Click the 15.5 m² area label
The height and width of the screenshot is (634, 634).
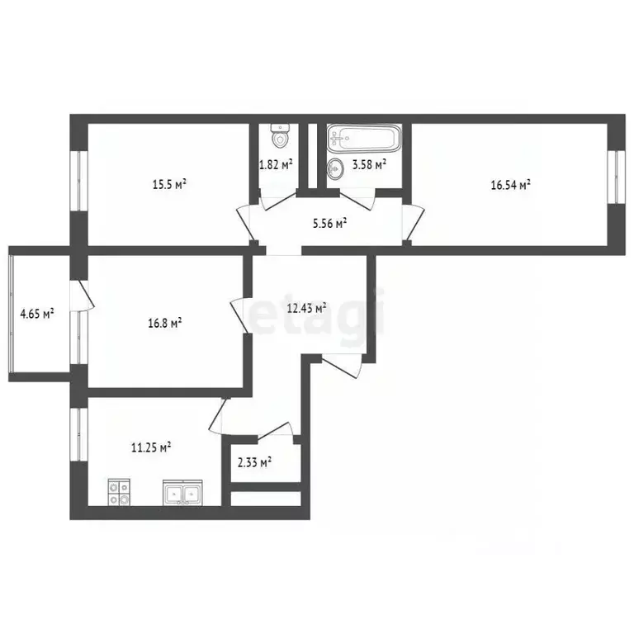(169, 184)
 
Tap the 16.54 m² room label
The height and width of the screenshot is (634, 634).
(511, 185)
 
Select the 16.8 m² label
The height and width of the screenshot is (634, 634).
(165, 323)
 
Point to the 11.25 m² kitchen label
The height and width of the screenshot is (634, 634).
(151, 447)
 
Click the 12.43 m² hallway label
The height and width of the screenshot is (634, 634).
(307, 308)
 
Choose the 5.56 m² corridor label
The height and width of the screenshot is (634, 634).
(330, 223)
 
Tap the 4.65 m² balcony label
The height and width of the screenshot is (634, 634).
(37, 314)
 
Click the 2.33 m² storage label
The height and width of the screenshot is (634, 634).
(254, 461)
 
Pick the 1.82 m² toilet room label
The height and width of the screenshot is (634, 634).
(276, 164)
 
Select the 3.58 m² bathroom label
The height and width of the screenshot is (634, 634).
(369, 164)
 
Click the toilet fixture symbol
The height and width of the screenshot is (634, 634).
(280, 135)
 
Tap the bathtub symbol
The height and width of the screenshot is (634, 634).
(364, 139)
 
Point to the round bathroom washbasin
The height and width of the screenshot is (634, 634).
(335, 168)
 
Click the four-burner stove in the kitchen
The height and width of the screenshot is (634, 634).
(119, 492)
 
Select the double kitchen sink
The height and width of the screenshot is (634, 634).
(182, 493)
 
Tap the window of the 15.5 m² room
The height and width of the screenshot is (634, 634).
(79, 181)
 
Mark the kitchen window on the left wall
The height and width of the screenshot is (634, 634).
(79, 434)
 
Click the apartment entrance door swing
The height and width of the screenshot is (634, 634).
(342, 366)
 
